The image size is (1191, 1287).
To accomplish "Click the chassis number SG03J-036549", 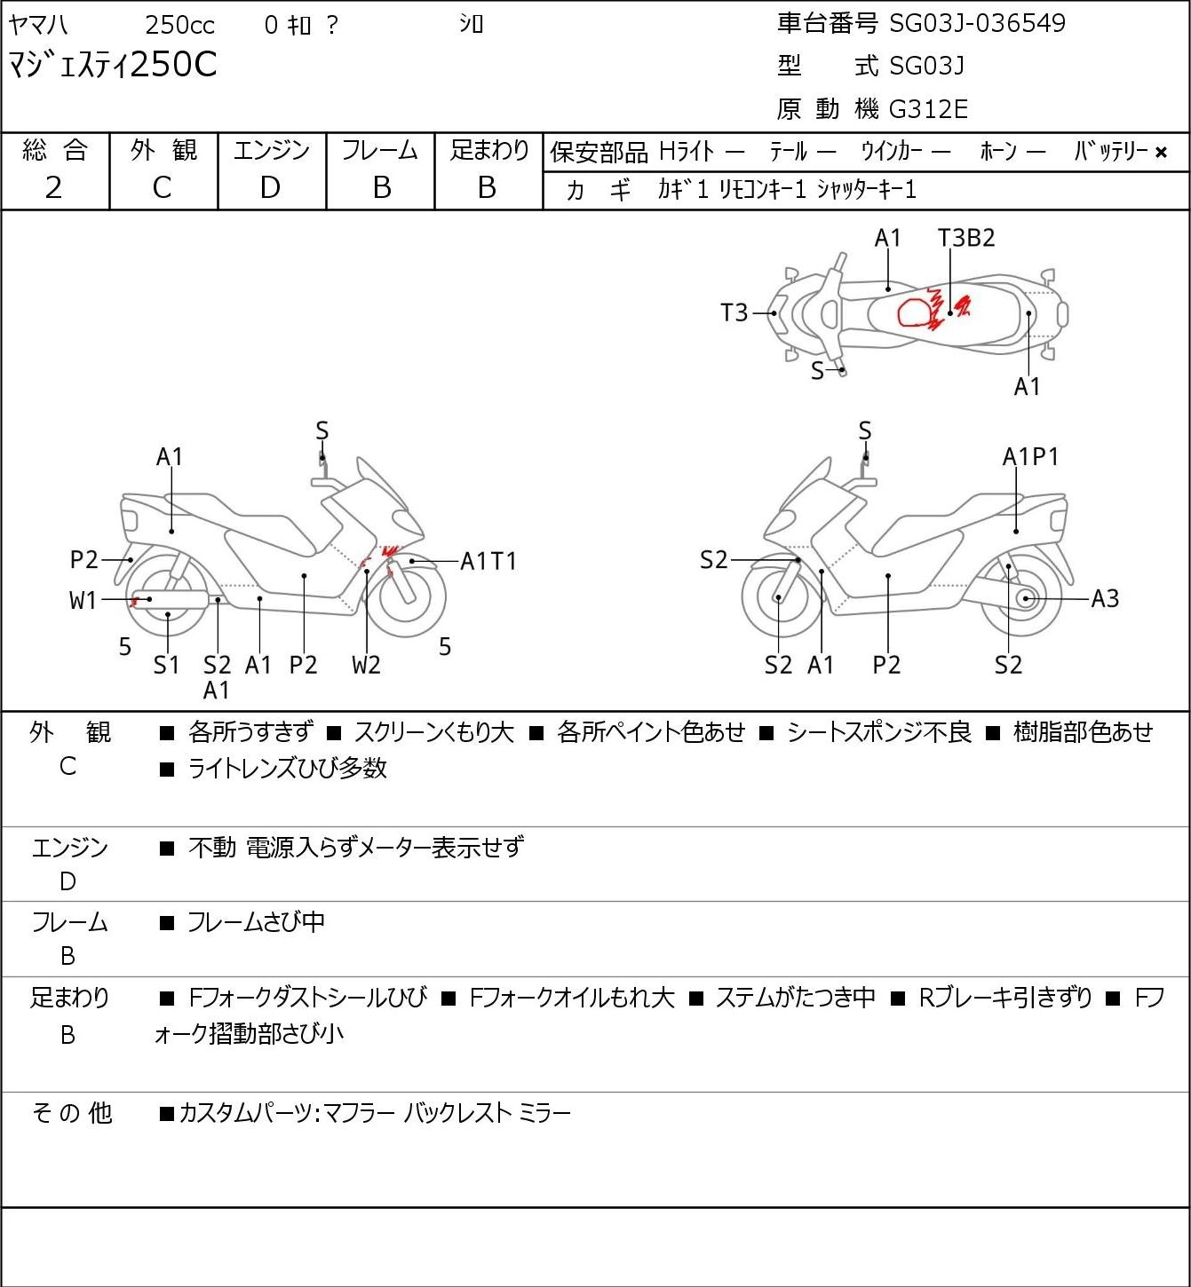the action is (x=977, y=24).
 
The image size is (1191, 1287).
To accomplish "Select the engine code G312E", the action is (x=927, y=109).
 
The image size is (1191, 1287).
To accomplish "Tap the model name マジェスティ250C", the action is (x=112, y=65).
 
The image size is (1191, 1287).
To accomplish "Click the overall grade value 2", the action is (x=53, y=188).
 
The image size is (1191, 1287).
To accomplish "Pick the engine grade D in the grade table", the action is (x=270, y=188).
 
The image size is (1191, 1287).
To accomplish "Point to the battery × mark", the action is (x=1161, y=153).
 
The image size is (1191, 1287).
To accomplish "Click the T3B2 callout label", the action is (x=966, y=238).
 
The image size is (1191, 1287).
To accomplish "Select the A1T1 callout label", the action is (x=488, y=561).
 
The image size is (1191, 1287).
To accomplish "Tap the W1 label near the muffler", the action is (x=83, y=601).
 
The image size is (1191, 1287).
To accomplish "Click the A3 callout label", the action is (x=1105, y=599).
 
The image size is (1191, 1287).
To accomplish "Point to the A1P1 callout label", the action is (x=1030, y=457).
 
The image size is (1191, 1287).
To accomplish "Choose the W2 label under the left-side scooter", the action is (x=366, y=665).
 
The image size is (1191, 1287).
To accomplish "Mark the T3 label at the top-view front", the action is (x=734, y=313).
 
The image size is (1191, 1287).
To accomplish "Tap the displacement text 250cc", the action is (x=179, y=25).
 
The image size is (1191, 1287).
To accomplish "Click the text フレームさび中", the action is (x=257, y=921).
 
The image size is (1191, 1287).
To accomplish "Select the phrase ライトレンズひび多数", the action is (x=288, y=768).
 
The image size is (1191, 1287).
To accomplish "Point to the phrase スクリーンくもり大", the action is (x=434, y=731).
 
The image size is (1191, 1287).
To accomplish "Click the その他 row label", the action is (x=71, y=1113).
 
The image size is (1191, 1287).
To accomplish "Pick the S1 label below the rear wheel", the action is (x=166, y=665).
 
